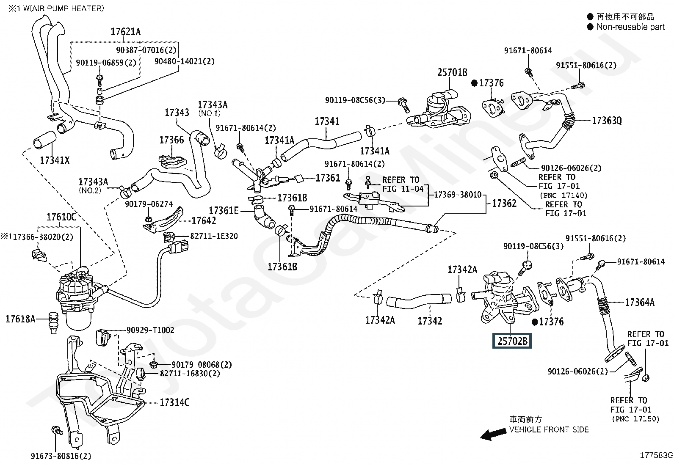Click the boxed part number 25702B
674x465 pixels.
tap(512, 341)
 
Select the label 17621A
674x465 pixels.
tap(125, 32)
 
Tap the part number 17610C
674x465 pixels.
tap(61, 217)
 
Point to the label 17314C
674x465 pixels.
tap(174, 402)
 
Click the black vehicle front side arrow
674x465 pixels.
tap(493, 434)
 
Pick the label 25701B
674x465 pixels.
tap(452, 72)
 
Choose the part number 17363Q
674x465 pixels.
tap(607, 121)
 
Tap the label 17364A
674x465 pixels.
tap(640, 302)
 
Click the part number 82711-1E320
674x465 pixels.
tap(214, 236)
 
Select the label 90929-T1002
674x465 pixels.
tap(150, 330)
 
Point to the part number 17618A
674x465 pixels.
tap(20, 319)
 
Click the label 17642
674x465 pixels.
tap(204, 221)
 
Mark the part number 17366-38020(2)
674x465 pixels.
tap(43, 237)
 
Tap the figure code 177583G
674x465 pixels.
tap(657, 455)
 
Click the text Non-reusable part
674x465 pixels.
tap(630, 27)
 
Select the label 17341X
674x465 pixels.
tap(55, 160)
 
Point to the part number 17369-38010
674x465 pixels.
tap(458, 195)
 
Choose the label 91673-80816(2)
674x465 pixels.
tap(61, 456)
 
